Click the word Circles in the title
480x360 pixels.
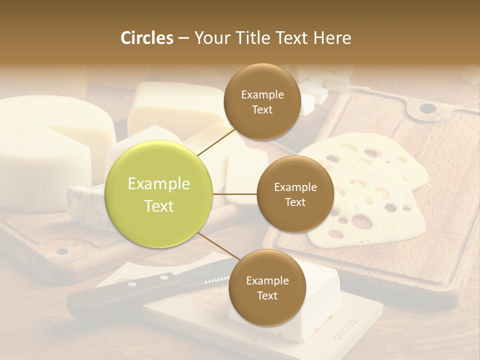(x=146, y=38)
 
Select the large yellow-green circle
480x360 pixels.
(x=159, y=194)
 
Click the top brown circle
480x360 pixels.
(x=262, y=101)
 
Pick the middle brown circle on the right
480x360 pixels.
(x=295, y=194)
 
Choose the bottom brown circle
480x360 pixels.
(x=267, y=287)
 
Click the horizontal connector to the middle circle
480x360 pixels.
(x=235, y=194)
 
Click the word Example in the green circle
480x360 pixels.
(x=159, y=184)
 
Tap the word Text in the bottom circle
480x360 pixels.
(x=267, y=295)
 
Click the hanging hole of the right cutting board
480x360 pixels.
(x=427, y=108)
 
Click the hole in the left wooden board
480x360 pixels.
(x=62, y=251)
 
